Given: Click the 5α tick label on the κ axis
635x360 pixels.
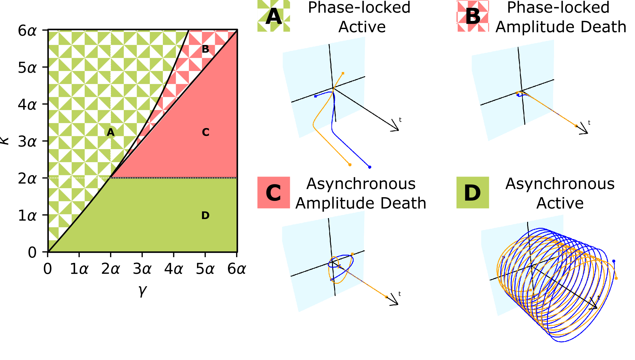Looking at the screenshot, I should tap(27, 67).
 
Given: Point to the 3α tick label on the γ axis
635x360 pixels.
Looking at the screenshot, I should tap(142, 269).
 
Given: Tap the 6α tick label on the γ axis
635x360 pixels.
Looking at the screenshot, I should tap(237, 269).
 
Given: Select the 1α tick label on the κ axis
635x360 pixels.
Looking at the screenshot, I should tap(27, 216).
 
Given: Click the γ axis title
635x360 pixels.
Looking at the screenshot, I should tap(142, 290).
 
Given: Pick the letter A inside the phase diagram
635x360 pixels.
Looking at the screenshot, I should tap(110, 132).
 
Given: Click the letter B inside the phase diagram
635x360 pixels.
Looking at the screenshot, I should tap(205, 49).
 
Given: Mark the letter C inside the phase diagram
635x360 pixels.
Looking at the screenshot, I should tap(205, 132).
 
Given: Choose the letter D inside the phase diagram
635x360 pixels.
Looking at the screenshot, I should tap(205, 215).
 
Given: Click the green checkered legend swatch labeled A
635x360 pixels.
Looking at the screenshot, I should tap(274, 16).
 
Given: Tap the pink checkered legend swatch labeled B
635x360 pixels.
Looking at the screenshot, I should tap(473, 16).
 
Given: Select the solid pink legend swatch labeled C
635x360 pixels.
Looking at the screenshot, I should tap(274, 192).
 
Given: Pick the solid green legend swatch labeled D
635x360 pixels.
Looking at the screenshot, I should tap(472, 192).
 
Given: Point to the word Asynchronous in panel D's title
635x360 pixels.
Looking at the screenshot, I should tap(560, 184).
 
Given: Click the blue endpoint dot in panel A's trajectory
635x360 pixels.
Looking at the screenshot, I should tap(370, 167).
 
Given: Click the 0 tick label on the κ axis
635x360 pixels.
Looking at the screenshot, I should tap(32, 252).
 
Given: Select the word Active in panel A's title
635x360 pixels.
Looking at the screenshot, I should tap(362, 27).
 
